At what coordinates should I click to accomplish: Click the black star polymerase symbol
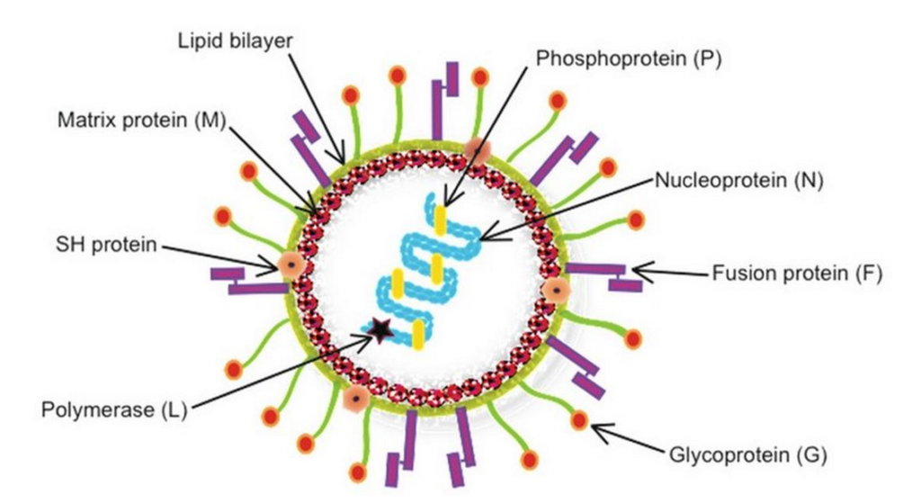(380, 331)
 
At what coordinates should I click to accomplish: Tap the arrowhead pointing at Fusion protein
(641, 270)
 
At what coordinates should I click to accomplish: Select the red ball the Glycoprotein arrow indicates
(578, 418)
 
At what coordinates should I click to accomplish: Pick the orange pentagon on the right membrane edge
(556, 290)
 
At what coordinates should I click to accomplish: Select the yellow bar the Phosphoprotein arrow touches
(441, 220)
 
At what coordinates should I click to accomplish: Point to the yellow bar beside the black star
(418, 332)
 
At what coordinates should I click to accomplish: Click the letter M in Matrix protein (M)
(210, 121)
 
